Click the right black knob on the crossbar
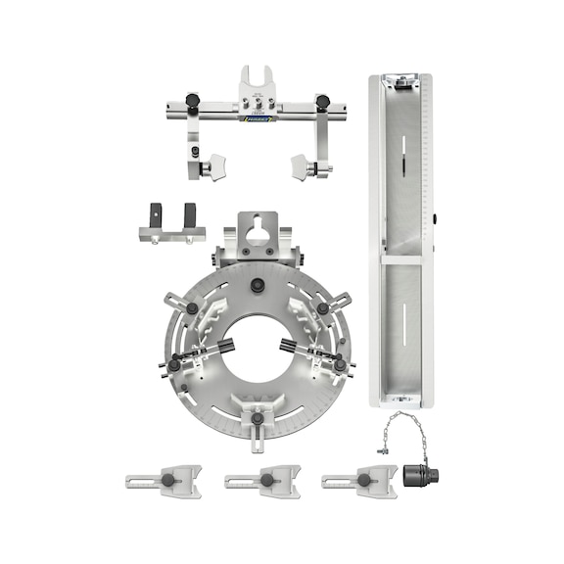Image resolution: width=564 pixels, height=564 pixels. tap(321, 102)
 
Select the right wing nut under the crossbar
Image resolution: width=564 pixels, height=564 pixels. tap(299, 167)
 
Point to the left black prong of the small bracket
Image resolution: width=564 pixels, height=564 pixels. tap(155, 213)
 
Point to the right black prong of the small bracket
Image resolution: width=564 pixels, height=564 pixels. tap(188, 213)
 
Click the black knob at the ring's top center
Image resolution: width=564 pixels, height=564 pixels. tap(257, 286)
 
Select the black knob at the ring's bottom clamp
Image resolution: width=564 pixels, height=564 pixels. tap(258, 419)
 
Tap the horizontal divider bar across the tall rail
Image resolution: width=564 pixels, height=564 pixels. tap(400, 259)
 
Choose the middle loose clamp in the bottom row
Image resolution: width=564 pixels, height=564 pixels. tap(261, 482)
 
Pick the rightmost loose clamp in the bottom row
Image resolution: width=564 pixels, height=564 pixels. tap(359, 482)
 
